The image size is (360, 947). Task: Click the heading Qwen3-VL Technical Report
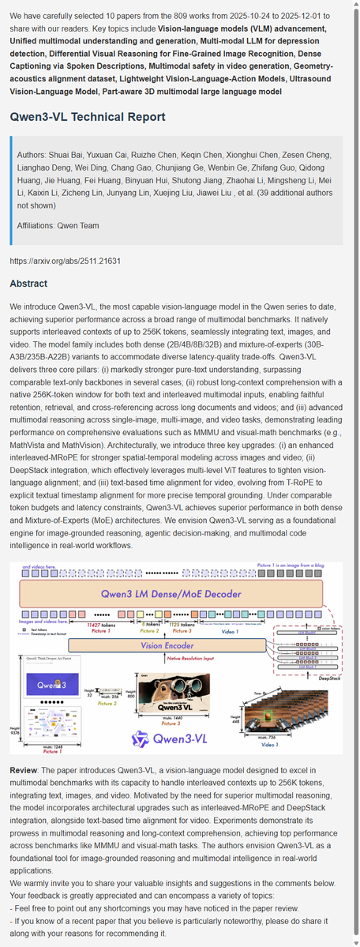click(x=88, y=117)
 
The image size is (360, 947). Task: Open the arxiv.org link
click(x=66, y=260)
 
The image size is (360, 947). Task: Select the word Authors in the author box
click(x=33, y=154)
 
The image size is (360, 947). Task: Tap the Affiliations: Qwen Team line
click(x=58, y=225)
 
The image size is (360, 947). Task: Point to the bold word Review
click(x=27, y=769)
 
